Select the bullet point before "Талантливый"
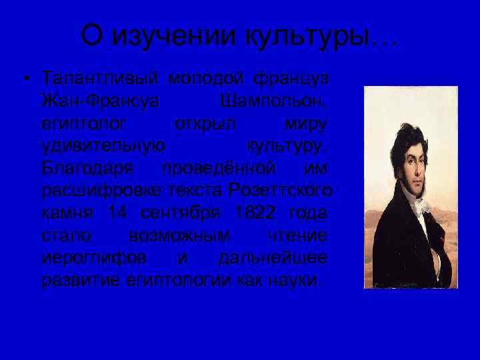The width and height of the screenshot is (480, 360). point(25,79)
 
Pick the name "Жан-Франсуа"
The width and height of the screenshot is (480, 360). point(100,101)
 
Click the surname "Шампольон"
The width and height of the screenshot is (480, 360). point(273,101)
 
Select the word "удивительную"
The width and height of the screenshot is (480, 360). point(103,146)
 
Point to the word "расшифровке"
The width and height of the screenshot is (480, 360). point(99,191)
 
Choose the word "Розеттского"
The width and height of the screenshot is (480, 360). point(280,191)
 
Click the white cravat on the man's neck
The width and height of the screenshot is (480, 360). point(417,203)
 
